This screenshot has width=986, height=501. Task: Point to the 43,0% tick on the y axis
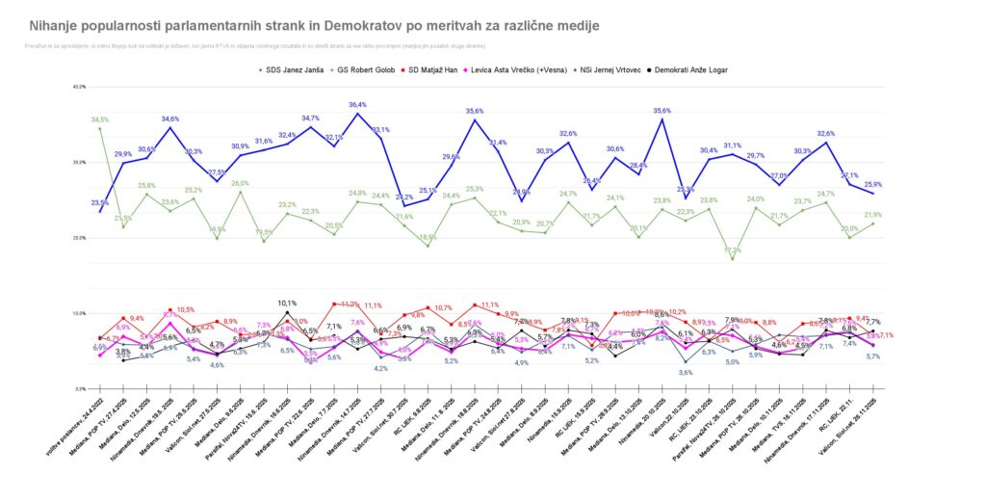pos(79,87)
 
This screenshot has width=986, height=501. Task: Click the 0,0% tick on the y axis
pos(81,388)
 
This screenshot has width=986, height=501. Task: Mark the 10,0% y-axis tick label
pos(79,313)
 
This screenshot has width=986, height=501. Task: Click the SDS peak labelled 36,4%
pos(357,105)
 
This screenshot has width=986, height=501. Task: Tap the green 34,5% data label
pos(100,119)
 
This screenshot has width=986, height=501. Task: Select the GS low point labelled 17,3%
pos(732,250)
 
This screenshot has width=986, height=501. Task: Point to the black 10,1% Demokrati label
pos(287,303)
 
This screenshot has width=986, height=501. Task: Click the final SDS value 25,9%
pos(873,185)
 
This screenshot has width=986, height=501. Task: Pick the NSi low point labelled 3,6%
pos(686,372)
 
